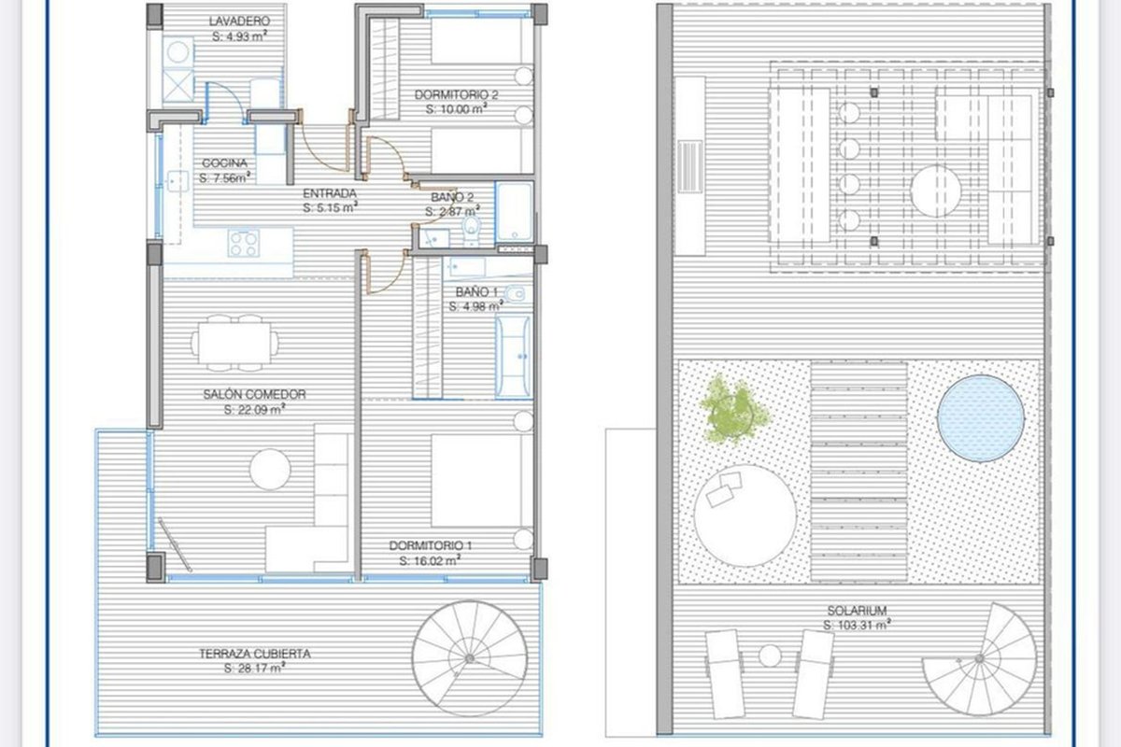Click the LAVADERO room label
(239, 21)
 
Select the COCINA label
(225, 163)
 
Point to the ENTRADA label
(329, 193)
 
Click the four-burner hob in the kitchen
(244, 243)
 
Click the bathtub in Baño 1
(513, 357)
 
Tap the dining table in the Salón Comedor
(234, 344)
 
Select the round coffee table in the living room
(270, 470)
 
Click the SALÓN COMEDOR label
(254, 394)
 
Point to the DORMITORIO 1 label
(431, 545)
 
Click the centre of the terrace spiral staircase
(469, 658)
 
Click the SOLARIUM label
(857, 611)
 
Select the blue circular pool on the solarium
(980, 418)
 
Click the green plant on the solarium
(733, 410)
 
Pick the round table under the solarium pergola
(935, 191)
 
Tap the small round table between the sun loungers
(770, 655)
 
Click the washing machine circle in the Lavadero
(177, 52)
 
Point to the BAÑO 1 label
(476, 291)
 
